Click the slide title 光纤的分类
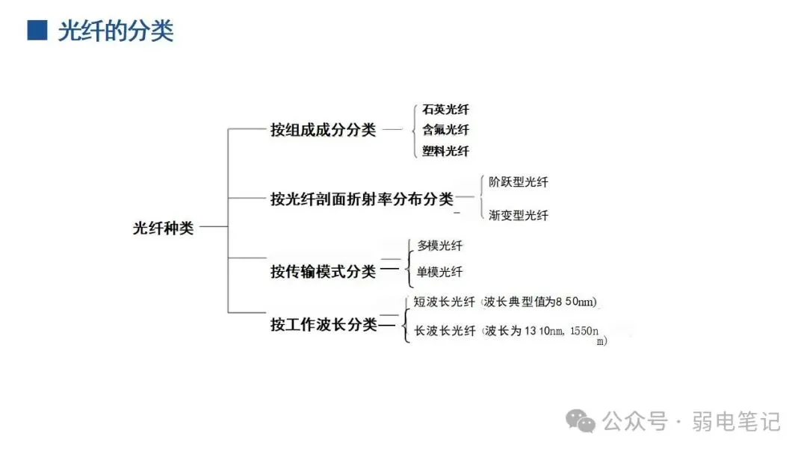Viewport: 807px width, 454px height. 116,31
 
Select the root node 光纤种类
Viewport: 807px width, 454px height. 163,228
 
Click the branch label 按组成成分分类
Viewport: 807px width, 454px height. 323,130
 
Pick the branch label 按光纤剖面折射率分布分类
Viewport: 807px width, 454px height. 362,199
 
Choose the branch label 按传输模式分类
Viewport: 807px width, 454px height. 323,272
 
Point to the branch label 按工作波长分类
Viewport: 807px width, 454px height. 324,325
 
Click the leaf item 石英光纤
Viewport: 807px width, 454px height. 445,110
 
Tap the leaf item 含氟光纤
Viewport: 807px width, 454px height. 445,130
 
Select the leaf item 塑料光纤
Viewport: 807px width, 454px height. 445,151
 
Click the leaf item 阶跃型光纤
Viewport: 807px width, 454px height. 518,182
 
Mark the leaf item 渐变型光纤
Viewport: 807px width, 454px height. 518,215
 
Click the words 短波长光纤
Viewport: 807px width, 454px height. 445,302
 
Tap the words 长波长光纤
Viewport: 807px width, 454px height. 445,331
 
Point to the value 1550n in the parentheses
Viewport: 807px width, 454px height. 586,331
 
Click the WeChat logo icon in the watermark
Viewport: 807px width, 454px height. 581,421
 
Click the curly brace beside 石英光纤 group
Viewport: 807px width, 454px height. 413,130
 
